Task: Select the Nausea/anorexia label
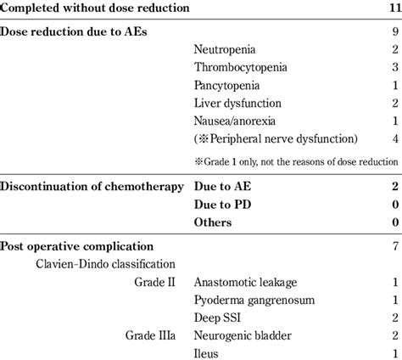[x=234, y=121]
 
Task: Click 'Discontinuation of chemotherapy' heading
[x=92, y=186]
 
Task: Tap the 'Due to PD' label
[x=222, y=205]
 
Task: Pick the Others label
[x=213, y=222]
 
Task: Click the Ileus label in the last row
[x=207, y=352]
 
